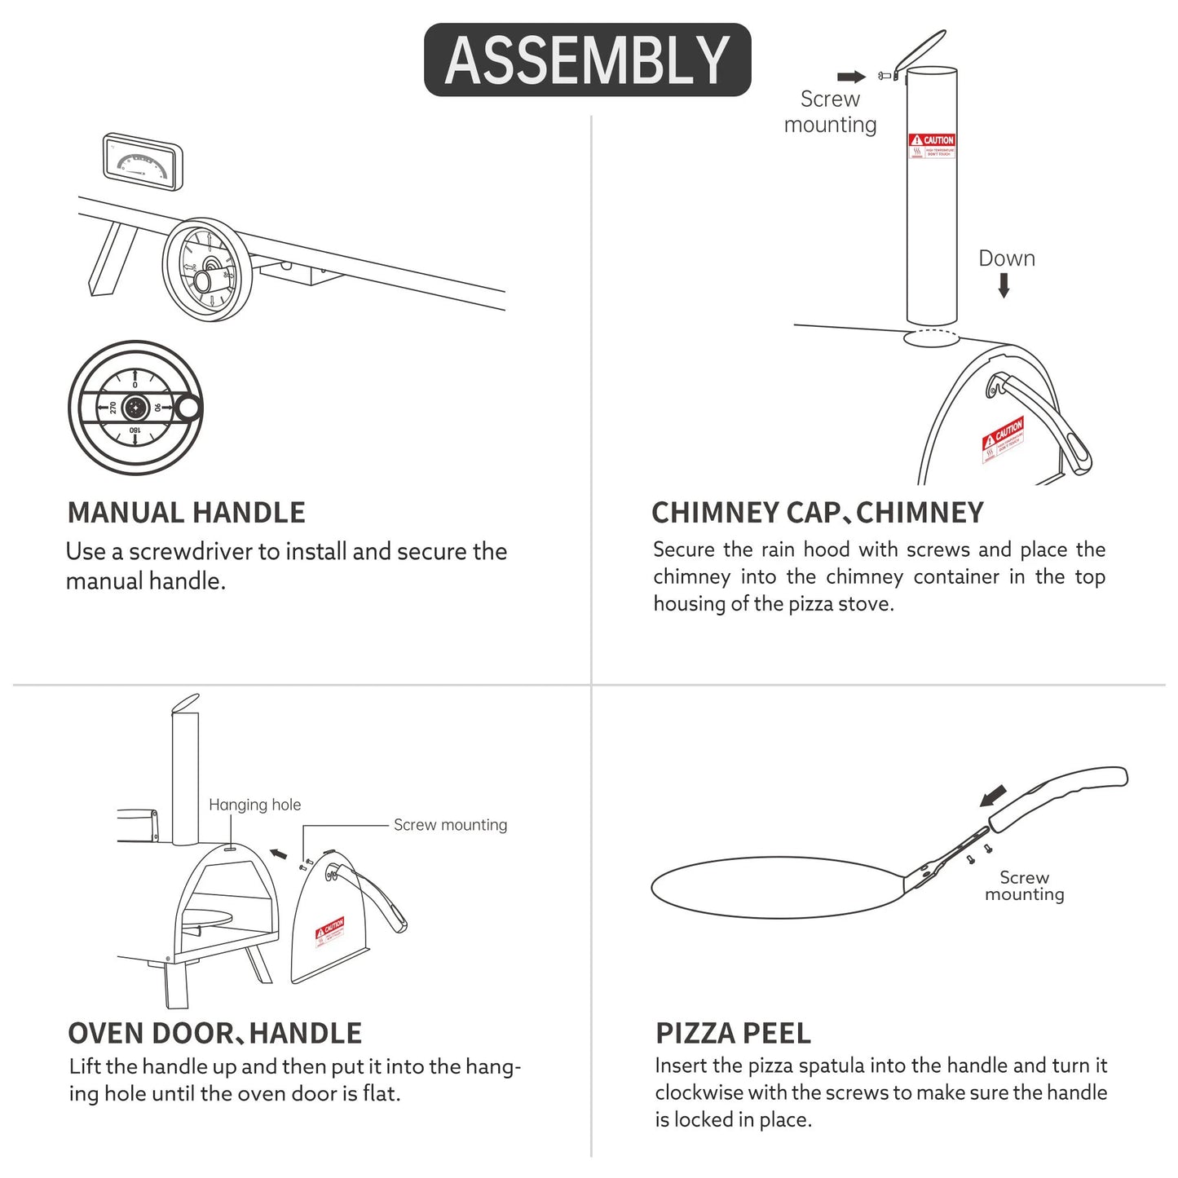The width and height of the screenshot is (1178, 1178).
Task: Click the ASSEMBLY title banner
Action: point(587,60)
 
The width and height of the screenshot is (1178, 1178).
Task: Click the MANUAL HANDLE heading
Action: point(186,513)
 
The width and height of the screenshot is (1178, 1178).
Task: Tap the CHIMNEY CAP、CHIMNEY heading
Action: point(817,513)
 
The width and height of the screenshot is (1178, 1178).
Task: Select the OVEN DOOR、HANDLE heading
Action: point(214,1033)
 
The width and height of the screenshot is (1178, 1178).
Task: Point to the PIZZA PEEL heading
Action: point(733,1033)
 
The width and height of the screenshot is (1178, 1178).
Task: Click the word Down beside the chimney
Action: point(1006,258)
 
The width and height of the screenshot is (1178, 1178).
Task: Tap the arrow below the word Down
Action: point(1004,285)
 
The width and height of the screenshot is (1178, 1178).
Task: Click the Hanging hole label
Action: point(254,805)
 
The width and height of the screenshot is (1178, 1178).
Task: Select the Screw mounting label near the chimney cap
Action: point(830,112)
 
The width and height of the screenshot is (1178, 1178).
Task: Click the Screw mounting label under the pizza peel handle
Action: point(1024,886)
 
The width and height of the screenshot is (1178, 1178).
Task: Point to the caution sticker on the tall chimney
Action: point(931,147)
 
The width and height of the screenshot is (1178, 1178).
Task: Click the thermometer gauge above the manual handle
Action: point(143,163)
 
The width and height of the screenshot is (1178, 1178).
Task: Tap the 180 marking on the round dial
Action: point(135,430)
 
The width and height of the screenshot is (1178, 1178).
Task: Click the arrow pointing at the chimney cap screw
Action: point(851,77)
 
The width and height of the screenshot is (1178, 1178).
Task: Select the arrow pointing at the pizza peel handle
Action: point(993,793)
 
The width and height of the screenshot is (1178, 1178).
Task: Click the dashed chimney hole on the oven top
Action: point(931,339)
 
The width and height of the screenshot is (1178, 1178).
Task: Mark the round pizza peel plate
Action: point(774,888)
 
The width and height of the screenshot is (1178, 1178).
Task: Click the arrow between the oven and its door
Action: point(278,854)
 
